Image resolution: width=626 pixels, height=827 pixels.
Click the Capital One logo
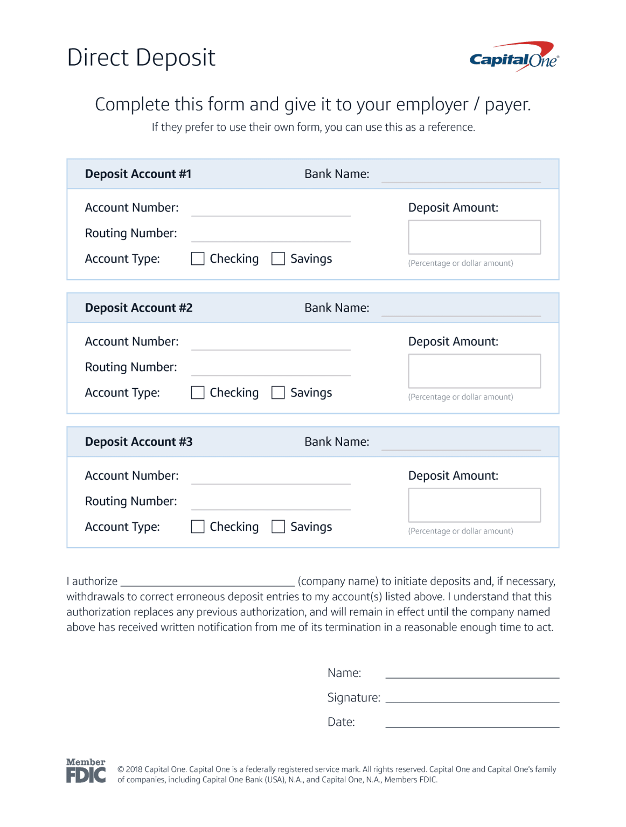[514, 57]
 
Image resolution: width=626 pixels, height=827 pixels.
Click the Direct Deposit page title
[141, 58]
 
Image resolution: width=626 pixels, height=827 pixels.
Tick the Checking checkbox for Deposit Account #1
[198, 259]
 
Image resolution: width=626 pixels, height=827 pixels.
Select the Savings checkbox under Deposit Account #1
[278, 259]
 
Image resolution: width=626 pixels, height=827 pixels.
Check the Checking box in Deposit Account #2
[198, 393]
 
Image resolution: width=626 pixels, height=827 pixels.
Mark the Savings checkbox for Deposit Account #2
[278, 393]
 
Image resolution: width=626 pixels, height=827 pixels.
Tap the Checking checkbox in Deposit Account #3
[198, 527]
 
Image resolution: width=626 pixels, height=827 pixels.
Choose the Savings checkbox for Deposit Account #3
[278, 527]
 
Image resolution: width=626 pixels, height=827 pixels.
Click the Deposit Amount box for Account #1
[474, 237]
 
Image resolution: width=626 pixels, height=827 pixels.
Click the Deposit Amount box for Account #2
[474, 371]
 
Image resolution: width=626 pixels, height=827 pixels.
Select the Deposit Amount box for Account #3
[474, 505]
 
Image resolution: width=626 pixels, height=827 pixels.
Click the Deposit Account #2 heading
[138, 308]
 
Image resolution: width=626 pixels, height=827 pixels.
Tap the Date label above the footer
[341, 722]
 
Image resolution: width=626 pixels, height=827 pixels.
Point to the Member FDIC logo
[86, 770]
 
